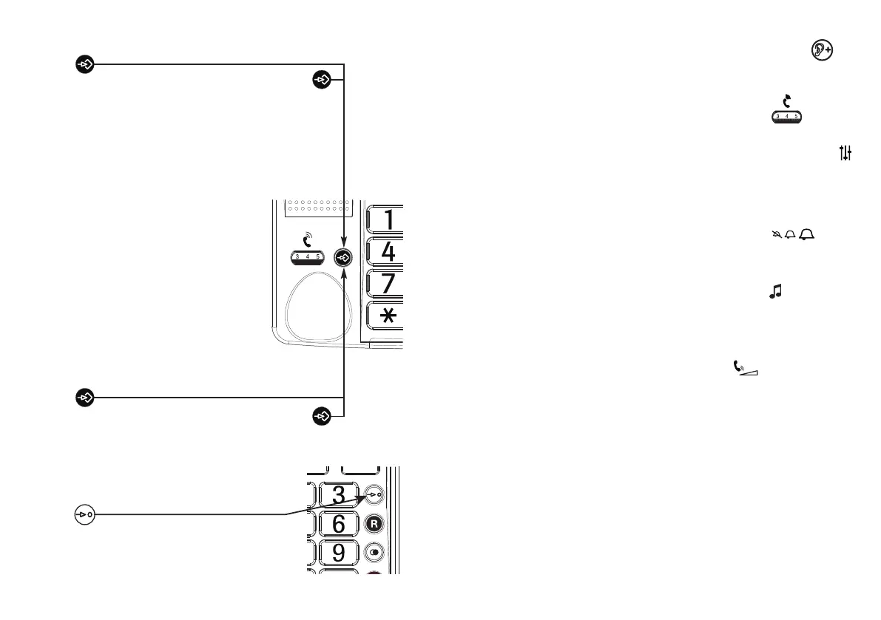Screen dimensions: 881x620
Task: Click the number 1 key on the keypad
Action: [387, 219]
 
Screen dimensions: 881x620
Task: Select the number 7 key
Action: [387, 284]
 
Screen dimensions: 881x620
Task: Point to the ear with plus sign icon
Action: [822, 51]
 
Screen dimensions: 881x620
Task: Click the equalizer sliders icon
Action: [846, 153]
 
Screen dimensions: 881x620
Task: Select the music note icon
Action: [775, 293]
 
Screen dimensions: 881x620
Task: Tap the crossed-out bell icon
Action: [775, 235]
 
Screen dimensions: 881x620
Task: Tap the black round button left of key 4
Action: [344, 257]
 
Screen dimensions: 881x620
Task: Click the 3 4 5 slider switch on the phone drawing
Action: [307, 257]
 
